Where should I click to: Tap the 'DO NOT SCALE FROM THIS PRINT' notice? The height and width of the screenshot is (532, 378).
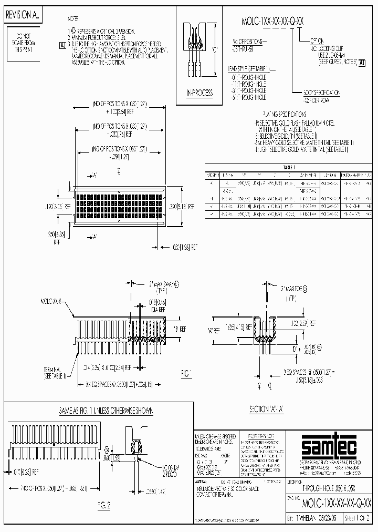22,39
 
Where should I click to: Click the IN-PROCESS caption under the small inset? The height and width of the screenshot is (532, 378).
199,93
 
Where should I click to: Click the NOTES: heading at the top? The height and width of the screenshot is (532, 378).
75,18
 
